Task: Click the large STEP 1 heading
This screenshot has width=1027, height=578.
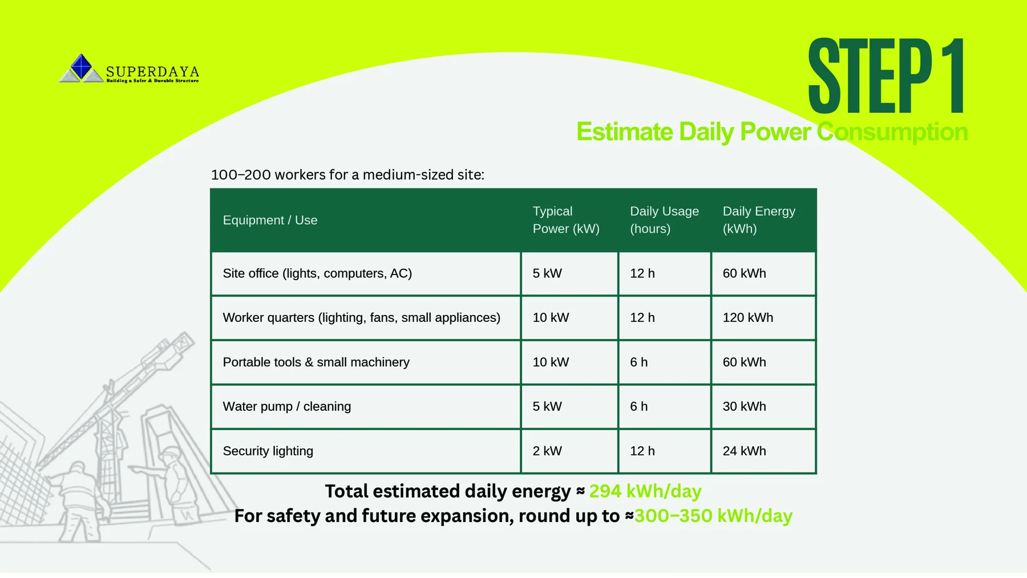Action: pyautogui.click(x=887, y=76)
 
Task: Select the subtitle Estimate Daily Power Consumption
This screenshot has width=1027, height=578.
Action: pyautogui.click(x=772, y=132)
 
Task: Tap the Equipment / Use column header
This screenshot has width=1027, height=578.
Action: pyautogui.click(x=270, y=220)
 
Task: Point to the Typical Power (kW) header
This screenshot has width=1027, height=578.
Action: pyautogui.click(x=566, y=220)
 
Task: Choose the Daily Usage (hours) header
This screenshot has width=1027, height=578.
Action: pyautogui.click(x=664, y=220)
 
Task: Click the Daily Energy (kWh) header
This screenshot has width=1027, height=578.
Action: pyautogui.click(x=759, y=220)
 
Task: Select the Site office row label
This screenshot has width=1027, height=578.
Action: pyautogui.click(x=317, y=273)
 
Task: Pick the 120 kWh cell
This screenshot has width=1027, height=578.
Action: pyautogui.click(x=747, y=317)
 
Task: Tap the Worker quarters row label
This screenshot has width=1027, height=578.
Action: pyautogui.click(x=361, y=318)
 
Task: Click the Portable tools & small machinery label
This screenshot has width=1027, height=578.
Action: pyautogui.click(x=316, y=362)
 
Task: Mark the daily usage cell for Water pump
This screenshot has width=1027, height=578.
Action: pyautogui.click(x=638, y=406)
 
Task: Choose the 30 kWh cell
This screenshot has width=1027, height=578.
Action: pyautogui.click(x=744, y=406)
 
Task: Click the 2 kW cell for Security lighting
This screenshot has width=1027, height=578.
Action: pyautogui.click(x=547, y=451)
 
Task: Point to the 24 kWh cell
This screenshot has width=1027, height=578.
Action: pyautogui.click(x=744, y=451)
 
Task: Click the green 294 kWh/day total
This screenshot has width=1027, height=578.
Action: pyautogui.click(x=645, y=491)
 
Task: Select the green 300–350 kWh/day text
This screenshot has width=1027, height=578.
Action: pyautogui.click(x=713, y=516)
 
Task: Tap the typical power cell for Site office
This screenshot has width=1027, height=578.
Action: pyautogui.click(x=547, y=273)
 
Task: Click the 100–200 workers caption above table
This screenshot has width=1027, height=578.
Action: pyautogui.click(x=347, y=175)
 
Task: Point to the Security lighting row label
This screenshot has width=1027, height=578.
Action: pyautogui.click(x=268, y=451)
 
